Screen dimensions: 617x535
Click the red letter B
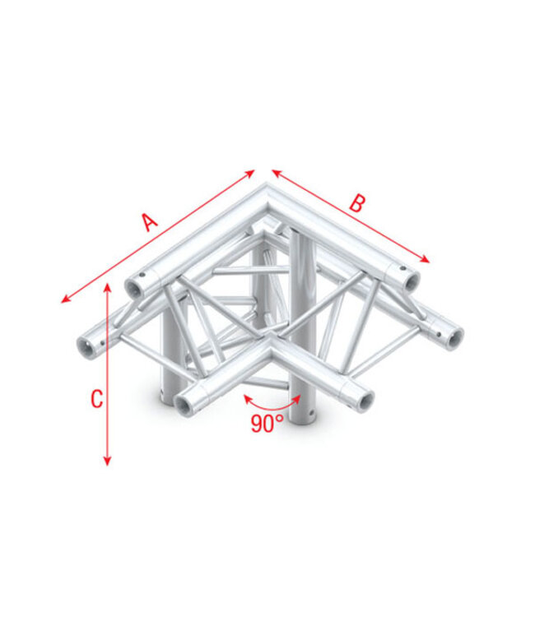pyautogui.click(x=356, y=203)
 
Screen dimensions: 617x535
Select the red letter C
pyautogui.click(x=96, y=399)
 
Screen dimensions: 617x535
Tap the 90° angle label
pyautogui.click(x=267, y=423)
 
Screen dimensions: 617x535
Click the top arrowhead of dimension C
pyautogui.click(x=107, y=285)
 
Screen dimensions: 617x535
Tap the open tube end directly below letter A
pyautogui.click(x=133, y=287)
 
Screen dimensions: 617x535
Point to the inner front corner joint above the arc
pyautogui.click(x=272, y=355)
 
